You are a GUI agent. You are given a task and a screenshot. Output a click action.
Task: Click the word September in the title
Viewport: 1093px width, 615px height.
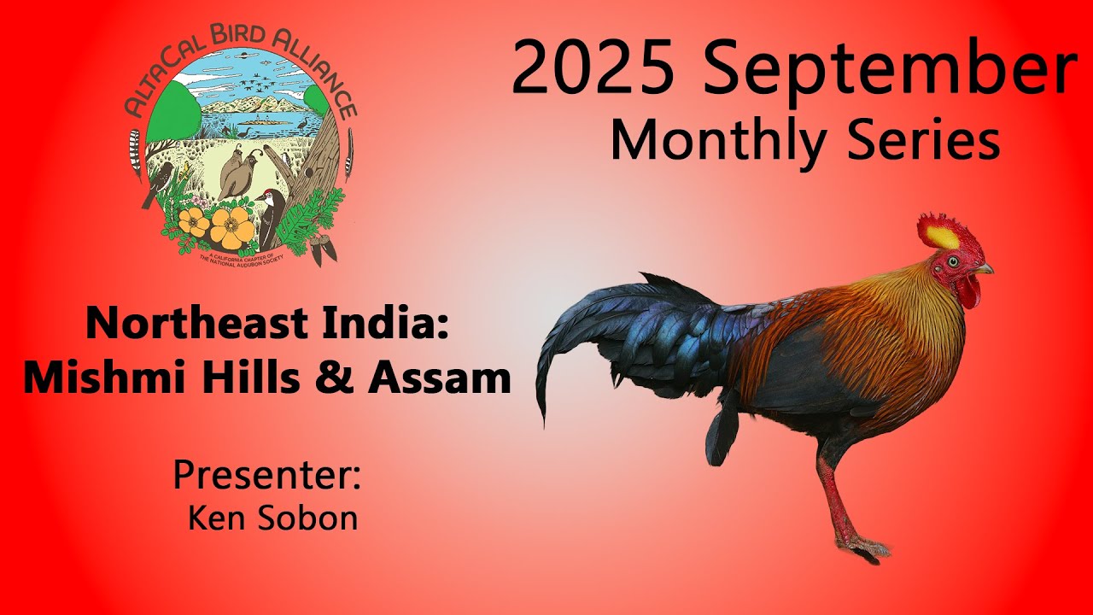coord(892,70)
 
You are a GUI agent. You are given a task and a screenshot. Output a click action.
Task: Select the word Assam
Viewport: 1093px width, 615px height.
coord(439,377)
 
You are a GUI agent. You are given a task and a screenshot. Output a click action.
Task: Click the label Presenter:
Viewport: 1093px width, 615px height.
coord(267,474)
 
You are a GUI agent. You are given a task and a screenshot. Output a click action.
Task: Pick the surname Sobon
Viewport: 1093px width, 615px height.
coord(313,517)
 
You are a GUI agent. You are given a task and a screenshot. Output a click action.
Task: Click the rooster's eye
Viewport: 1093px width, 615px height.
coord(953,261)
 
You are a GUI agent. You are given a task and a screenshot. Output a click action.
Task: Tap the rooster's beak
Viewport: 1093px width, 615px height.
coord(985,269)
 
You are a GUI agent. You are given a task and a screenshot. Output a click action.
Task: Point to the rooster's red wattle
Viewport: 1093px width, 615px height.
coord(967,293)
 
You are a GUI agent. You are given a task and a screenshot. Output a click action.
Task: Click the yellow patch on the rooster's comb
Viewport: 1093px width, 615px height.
coord(939,235)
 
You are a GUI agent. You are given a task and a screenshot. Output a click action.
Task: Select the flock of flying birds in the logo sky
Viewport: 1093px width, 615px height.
coord(254,86)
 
